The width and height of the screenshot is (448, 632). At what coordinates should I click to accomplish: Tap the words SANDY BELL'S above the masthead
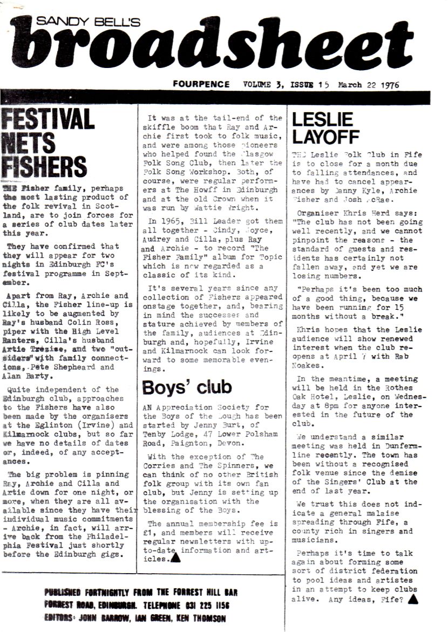pyautogui.click(x=89, y=21)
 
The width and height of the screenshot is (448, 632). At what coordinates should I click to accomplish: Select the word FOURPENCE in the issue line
pyautogui.click(x=201, y=84)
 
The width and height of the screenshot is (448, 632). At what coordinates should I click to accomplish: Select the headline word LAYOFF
pyautogui.click(x=325, y=137)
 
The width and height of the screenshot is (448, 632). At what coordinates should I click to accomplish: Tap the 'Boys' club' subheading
pyautogui.click(x=187, y=387)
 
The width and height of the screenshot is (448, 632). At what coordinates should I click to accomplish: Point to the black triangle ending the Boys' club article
pyautogui.click(x=175, y=558)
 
